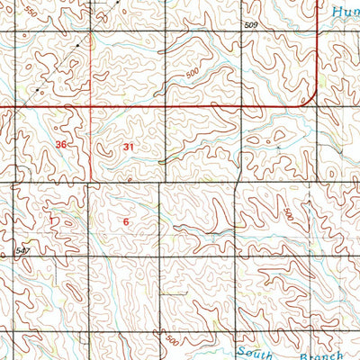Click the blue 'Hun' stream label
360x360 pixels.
click(x=345, y=12)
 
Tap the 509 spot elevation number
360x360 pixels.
click(x=251, y=26)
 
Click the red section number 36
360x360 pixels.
click(x=60, y=145)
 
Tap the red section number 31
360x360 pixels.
click(x=129, y=147)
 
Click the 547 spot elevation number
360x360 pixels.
click(x=22, y=249)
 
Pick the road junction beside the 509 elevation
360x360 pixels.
click(x=239, y=33)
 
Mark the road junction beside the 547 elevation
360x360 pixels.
click(x=15, y=257)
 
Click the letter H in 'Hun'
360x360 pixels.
click(x=334, y=12)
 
